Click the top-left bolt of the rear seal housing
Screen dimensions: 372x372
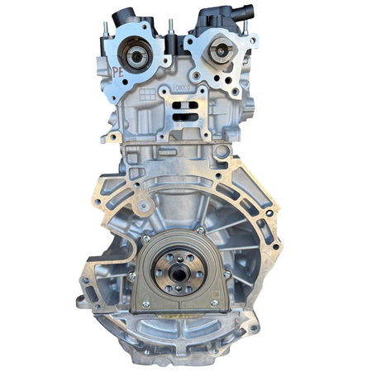point(146,239)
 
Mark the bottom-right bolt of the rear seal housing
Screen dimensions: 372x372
point(213,303)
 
